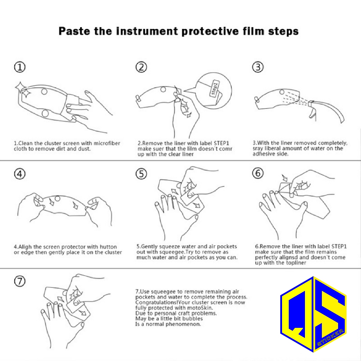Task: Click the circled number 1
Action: tap(20, 67)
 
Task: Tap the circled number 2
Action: tap(141, 67)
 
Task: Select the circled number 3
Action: tap(258, 67)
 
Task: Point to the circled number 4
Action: tap(20, 174)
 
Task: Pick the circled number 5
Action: tap(141, 174)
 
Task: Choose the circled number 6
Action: tap(258, 173)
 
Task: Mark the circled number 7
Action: tap(20, 281)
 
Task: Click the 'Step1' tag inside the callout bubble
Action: tap(214, 88)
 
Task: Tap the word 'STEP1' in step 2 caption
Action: tap(221, 143)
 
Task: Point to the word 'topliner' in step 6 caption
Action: tap(296, 263)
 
